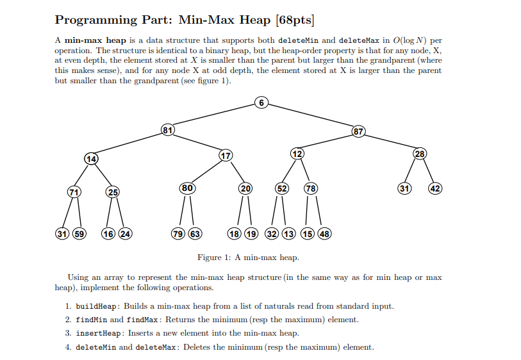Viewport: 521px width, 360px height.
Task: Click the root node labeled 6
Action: [260, 102]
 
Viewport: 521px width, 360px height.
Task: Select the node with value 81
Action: [167, 130]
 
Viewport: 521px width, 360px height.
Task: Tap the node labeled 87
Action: [358, 132]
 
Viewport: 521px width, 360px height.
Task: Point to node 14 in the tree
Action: [92, 158]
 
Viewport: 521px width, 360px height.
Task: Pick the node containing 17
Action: [224, 156]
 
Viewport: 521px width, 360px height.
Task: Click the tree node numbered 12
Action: [297, 154]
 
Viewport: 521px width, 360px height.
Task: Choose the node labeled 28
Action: [419, 154]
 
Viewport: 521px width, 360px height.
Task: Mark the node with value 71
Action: [75, 192]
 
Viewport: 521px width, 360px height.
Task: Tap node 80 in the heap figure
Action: [187, 188]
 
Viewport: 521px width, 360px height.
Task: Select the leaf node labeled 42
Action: [435, 188]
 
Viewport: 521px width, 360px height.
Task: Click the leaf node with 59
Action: [79, 233]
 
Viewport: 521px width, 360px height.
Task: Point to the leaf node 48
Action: [324, 233]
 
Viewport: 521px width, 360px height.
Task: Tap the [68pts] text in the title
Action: [294, 20]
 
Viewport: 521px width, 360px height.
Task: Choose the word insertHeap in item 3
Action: [99, 333]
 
